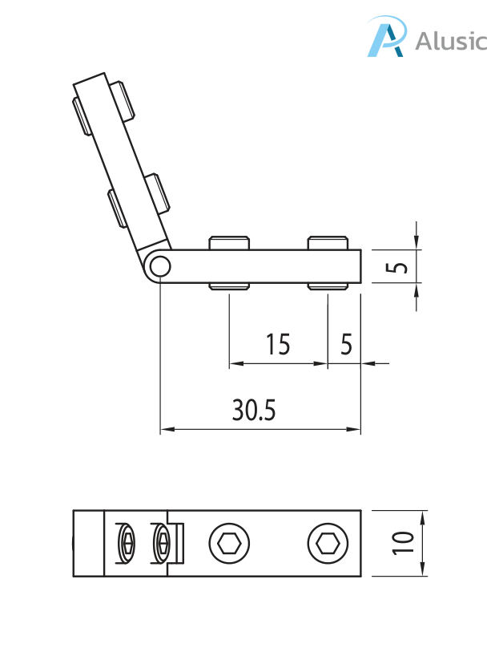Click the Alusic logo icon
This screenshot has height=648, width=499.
point(386,38)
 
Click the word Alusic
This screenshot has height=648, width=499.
point(450,40)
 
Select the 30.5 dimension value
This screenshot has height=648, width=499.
point(254,411)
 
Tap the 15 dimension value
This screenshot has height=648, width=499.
point(278,345)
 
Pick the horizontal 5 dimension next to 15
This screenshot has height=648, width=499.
point(346,345)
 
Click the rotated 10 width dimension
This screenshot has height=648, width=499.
point(403,543)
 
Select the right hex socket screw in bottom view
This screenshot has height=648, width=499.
point(327,544)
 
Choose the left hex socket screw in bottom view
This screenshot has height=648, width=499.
point(228,544)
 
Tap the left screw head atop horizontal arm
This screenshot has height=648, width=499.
point(229,242)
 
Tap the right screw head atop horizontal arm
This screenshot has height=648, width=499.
point(328,242)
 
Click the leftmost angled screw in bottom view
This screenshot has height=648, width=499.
point(127,544)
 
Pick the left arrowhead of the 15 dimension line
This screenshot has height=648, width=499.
point(234,364)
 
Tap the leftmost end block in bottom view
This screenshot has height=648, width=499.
point(89,544)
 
